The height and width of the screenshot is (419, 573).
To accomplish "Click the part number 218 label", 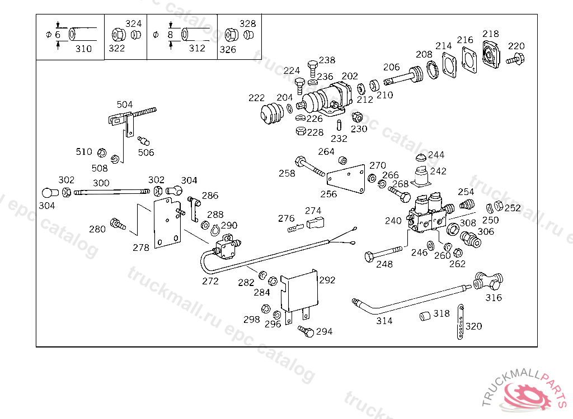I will click(491, 34).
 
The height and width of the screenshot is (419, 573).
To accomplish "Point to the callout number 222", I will click(256, 98).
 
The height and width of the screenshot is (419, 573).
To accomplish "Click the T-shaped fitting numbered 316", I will click(489, 280).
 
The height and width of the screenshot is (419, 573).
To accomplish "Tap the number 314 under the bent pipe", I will click(384, 321).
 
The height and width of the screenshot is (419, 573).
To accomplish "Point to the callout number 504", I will click(125, 104).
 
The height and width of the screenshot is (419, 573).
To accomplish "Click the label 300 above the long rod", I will click(101, 183).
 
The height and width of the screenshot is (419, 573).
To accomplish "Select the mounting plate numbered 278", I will click(168, 221).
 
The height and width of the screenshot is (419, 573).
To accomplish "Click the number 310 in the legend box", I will click(83, 49).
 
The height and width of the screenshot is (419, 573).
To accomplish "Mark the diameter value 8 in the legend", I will click(170, 35).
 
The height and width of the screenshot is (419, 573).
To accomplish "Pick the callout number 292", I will click(327, 280).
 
